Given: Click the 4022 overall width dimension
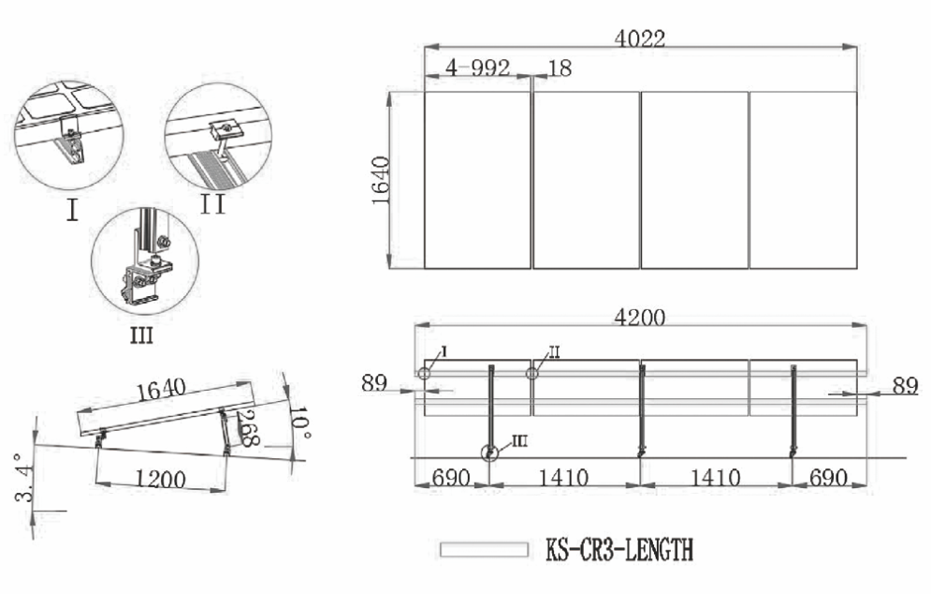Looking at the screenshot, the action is (x=639, y=38).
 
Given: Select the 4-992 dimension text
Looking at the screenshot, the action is (x=478, y=67).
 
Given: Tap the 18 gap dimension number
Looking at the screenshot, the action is (x=560, y=67).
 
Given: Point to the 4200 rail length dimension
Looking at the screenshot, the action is (x=639, y=318).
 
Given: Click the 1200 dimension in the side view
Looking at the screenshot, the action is (x=160, y=479).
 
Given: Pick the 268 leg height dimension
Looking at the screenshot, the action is (x=250, y=429).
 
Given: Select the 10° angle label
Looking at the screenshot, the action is (x=299, y=423).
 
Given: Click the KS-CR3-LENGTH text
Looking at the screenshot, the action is (x=619, y=549).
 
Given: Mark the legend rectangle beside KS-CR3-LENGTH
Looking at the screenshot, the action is (x=484, y=549).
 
